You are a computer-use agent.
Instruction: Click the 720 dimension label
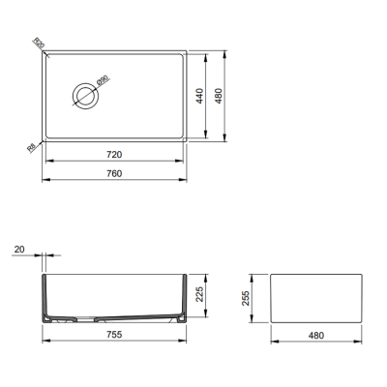pyautogui.click(x=113, y=154)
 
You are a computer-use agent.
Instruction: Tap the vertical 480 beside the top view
pyautogui.click(x=220, y=96)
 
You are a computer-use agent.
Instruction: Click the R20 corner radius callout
pyautogui.click(x=39, y=43)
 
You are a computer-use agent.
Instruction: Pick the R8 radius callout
pyautogui.click(x=31, y=147)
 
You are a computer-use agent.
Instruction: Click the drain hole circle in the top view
pyautogui.click(x=82, y=94)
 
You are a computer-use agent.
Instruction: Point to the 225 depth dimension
pyautogui.click(x=200, y=294)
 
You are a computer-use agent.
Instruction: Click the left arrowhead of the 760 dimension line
pyautogui.click(x=46, y=182)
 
